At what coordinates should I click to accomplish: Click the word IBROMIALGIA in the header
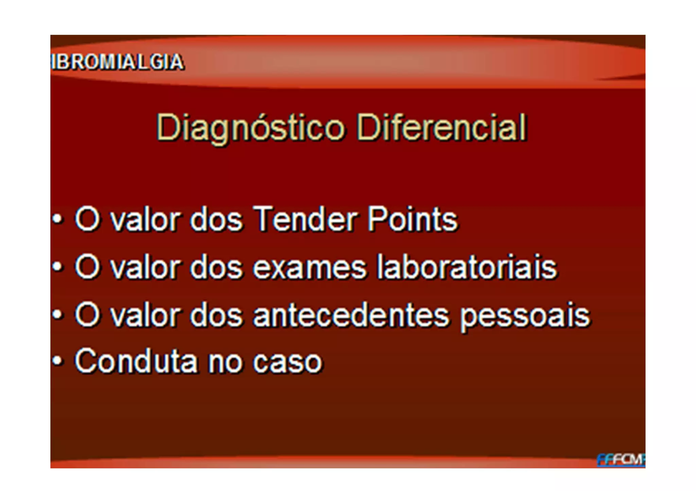coord(118,62)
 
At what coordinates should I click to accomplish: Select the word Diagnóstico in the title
coord(250,128)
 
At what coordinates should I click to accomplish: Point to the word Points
coord(413,220)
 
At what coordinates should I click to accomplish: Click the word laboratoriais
coord(468,267)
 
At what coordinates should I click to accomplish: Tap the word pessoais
coord(525,317)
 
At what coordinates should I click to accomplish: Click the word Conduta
coord(136,361)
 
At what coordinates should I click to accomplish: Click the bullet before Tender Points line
coord(58,219)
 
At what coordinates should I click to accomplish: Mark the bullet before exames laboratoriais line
coord(58,267)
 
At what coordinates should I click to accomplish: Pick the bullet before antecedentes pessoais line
coord(58,315)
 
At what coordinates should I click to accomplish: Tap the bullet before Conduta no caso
coord(58,360)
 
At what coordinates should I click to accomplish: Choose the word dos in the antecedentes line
coord(216,316)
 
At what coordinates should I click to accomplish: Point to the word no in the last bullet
coord(225,362)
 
